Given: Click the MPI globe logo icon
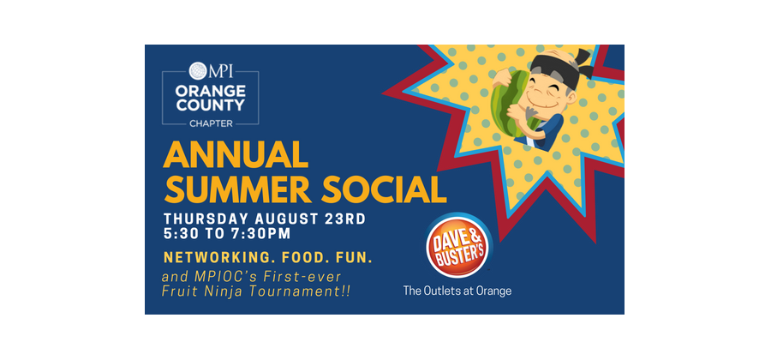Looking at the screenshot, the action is tap(198, 71).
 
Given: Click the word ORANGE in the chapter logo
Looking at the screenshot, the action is tap(211, 91).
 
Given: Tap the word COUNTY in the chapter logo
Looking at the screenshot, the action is tap(211, 105).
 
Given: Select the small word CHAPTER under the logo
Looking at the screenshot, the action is tap(211, 123).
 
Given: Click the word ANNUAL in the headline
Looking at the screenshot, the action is tap(236, 155).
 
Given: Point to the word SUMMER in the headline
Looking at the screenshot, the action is tap(237, 189).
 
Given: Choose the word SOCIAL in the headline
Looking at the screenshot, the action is tap(384, 189).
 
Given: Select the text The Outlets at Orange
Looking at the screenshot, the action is tap(457, 291).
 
